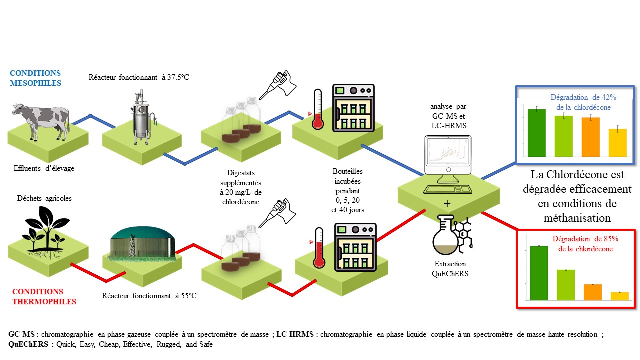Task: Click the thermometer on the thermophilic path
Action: coord(318,247)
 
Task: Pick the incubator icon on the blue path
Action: coord(353,108)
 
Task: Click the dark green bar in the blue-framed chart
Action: coord(537,132)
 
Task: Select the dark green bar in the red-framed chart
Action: coord(539,273)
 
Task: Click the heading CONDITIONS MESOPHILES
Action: coord(35,78)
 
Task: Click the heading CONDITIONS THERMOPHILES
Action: coord(44,296)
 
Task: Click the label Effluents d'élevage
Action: coord(44,168)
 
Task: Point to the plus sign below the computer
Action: coord(447,204)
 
